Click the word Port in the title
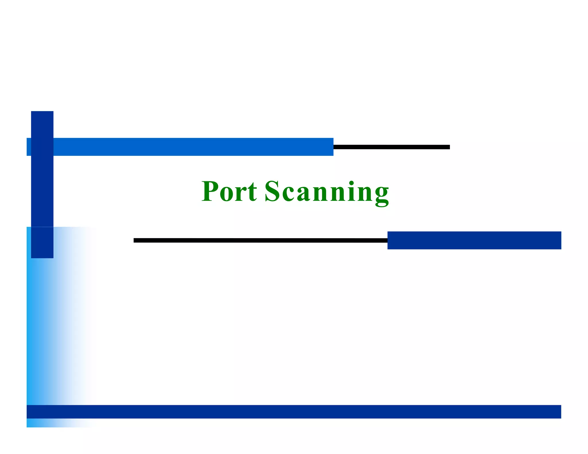point(229,191)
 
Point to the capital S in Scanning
point(272,191)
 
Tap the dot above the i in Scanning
point(351,183)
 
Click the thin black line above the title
point(391,147)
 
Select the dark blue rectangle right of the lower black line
point(474,240)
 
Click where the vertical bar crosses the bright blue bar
point(42,147)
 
